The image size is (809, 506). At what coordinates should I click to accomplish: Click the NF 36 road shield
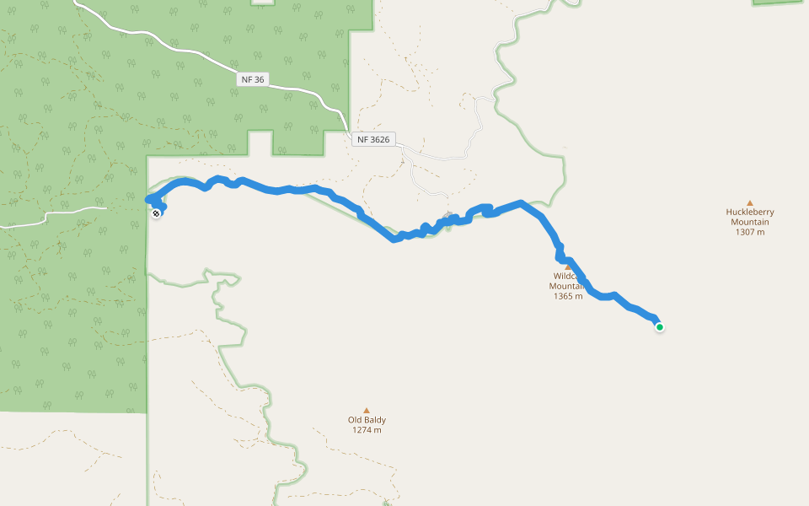(x=252, y=79)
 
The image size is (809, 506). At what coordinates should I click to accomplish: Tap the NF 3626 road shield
(x=373, y=139)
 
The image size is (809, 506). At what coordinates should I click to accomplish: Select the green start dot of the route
(x=659, y=327)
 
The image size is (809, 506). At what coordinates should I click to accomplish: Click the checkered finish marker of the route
(x=156, y=213)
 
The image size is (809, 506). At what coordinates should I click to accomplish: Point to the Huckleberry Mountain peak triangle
(x=749, y=202)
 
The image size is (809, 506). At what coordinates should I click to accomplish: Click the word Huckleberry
(x=750, y=213)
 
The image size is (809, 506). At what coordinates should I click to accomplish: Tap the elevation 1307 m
(x=749, y=232)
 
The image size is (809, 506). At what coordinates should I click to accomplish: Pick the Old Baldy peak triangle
(x=366, y=410)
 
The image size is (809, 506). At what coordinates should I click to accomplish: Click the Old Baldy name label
(x=367, y=420)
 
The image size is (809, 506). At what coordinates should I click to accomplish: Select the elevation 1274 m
(x=367, y=430)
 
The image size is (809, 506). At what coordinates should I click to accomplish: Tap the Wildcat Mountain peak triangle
(x=568, y=267)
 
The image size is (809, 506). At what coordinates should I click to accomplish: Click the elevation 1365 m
(x=568, y=296)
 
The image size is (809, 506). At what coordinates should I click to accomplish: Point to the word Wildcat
(x=565, y=276)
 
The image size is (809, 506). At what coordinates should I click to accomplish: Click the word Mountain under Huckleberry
(x=749, y=223)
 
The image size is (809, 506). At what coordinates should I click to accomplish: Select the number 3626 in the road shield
(x=379, y=139)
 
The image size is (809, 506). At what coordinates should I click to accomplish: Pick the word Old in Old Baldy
(x=355, y=420)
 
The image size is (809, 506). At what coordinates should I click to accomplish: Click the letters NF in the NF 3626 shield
(x=362, y=139)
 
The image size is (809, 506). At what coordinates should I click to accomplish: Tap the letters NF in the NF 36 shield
(x=245, y=79)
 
